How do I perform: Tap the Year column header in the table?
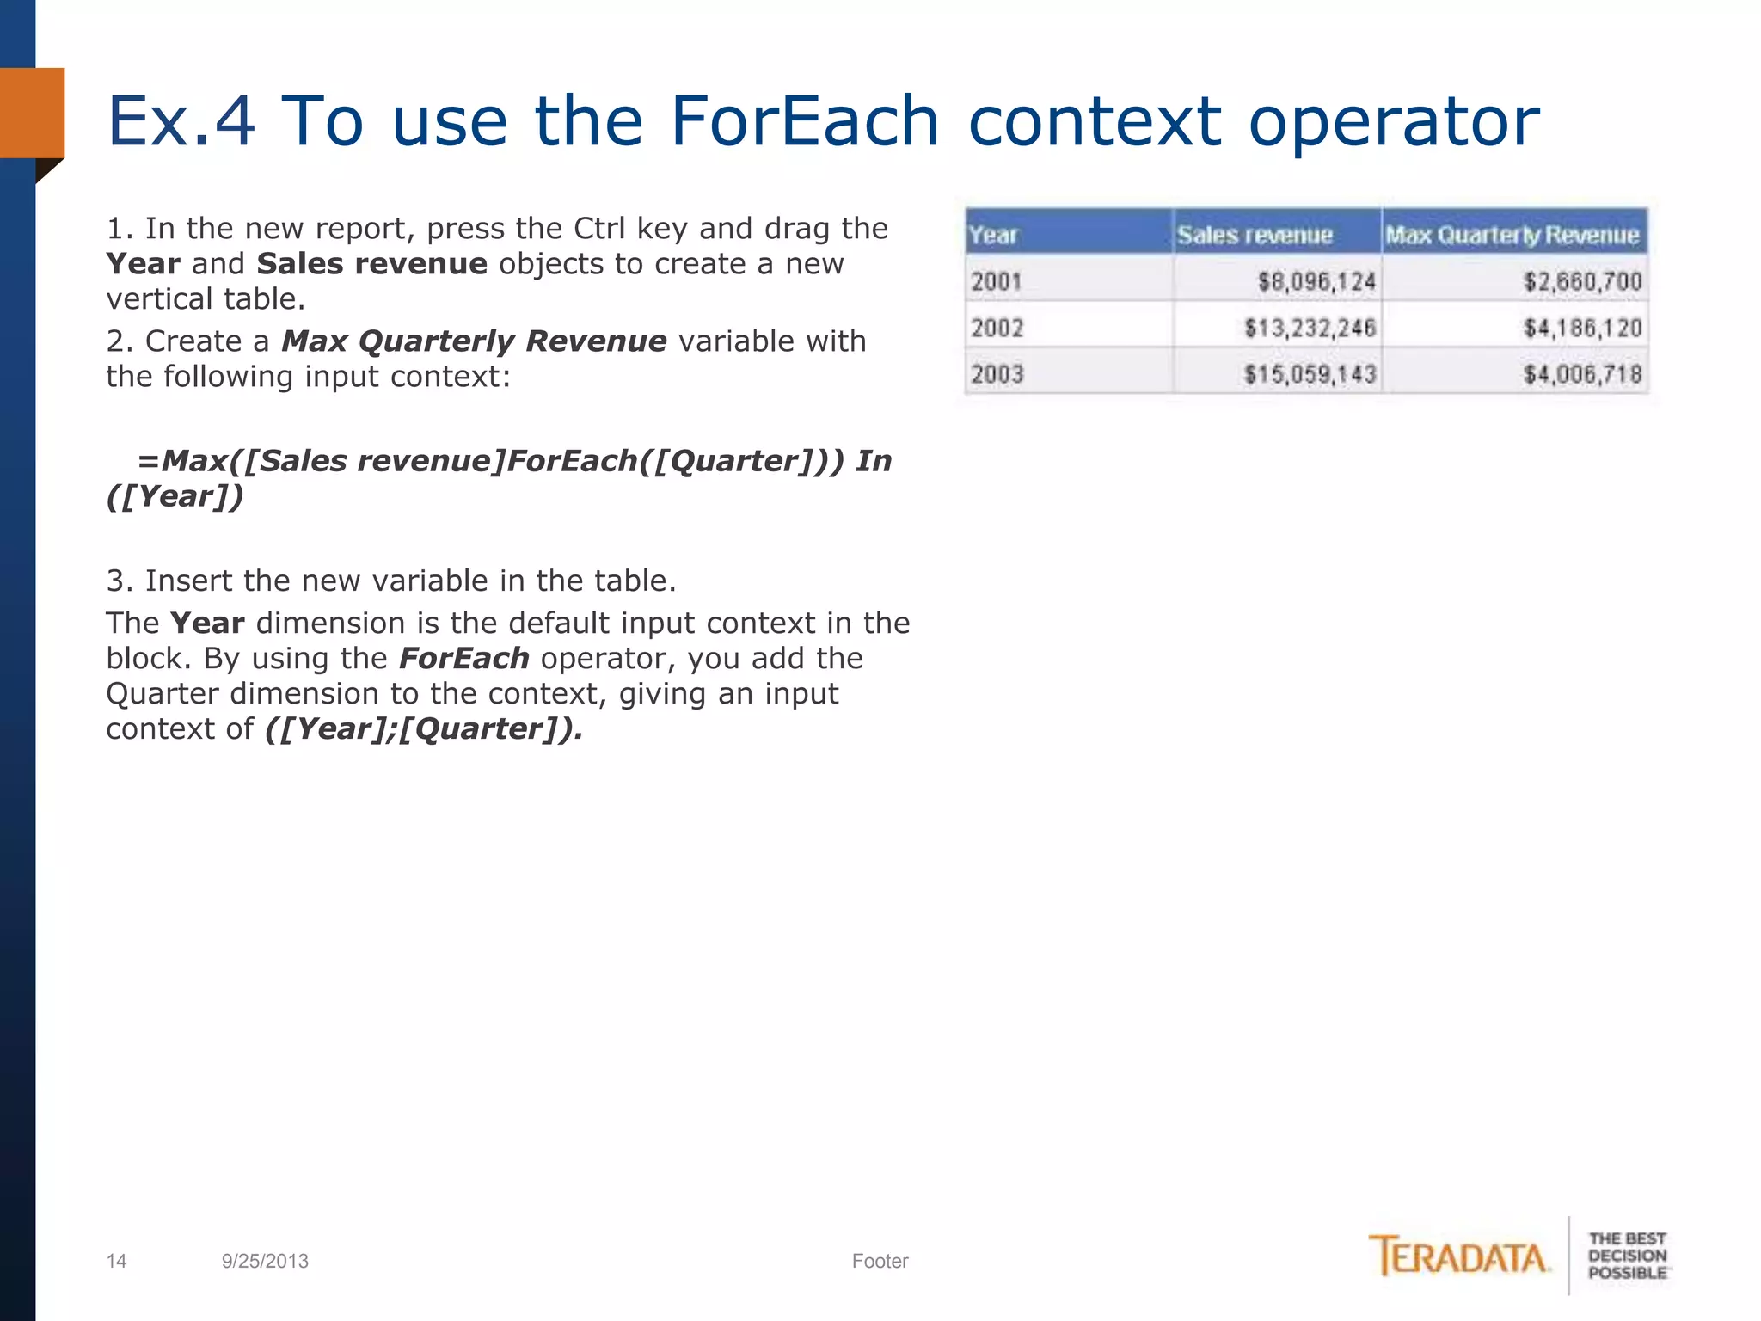pyautogui.click(x=993, y=235)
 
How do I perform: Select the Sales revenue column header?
pyautogui.click(x=1255, y=235)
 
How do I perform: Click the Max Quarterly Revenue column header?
pyautogui.click(x=1512, y=235)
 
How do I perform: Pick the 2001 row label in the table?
pyautogui.click(x=997, y=281)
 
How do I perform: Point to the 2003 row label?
pyautogui.click(x=997, y=374)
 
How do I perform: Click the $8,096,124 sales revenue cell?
pyautogui.click(x=1316, y=281)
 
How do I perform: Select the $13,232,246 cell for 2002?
pyautogui.click(x=1310, y=328)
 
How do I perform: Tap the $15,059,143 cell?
pyautogui.click(x=1310, y=374)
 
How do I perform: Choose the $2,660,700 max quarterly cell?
pyautogui.click(x=1582, y=281)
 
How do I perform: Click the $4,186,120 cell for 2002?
pyautogui.click(x=1582, y=328)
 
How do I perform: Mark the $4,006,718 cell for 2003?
pyautogui.click(x=1582, y=374)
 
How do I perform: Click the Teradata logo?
pyautogui.click(x=1459, y=1256)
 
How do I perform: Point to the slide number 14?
pyautogui.click(x=116, y=1261)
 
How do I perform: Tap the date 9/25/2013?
pyautogui.click(x=265, y=1261)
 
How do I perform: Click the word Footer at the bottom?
pyautogui.click(x=880, y=1261)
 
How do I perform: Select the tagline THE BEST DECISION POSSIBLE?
pyautogui.click(x=1627, y=1256)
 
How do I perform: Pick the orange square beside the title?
pyautogui.click(x=33, y=113)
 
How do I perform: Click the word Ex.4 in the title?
pyautogui.click(x=181, y=121)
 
